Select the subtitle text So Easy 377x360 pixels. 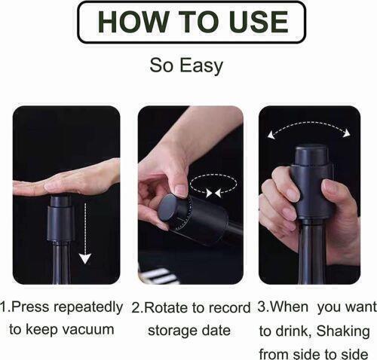pyautogui.click(x=186, y=65)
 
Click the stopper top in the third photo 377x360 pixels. pyautogui.click(x=310, y=159)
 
